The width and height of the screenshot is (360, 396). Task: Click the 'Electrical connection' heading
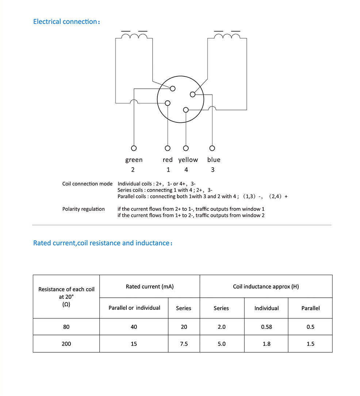pos(66,22)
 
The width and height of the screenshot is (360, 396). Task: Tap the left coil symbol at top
pos(134,36)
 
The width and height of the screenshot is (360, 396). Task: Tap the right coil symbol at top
pos(227,36)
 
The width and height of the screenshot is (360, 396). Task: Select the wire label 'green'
pos(134,160)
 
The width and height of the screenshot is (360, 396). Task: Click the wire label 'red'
pos(168,160)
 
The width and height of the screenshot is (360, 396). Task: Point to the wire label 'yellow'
pos(188,160)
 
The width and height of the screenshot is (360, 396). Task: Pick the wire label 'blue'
pos(214,160)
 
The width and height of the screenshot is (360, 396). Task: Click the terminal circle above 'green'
pos(134,148)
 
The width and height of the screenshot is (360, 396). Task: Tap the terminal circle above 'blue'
pos(212,148)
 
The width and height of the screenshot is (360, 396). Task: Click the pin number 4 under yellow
pos(186,170)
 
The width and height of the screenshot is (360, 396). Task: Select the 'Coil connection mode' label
pos(87,184)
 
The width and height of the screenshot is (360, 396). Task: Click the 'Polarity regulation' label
pos(83,209)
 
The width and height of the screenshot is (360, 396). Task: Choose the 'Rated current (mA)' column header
pos(150,286)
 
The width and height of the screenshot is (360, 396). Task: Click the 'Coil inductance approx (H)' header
pos(266,286)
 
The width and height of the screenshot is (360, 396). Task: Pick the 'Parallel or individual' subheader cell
pos(134,308)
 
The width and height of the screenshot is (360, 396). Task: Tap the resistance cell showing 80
pos(66,327)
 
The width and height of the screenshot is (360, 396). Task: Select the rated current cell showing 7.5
pos(184,344)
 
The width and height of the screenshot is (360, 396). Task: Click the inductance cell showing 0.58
pos(267,327)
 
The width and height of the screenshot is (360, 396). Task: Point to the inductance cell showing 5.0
pos(222,344)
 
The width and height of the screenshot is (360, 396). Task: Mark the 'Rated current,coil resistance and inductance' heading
pos(103,243)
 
